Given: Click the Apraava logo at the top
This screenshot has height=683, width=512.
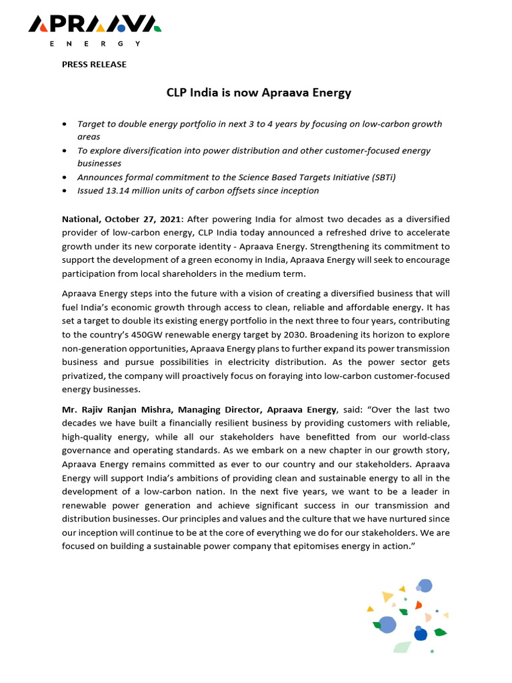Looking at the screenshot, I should [x=94, y=25].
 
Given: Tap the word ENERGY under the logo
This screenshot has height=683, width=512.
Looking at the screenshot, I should [x=95, y=43].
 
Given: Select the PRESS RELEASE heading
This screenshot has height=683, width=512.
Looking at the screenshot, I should [x=94, y=65].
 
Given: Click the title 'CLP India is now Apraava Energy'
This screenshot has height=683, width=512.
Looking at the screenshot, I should [x=258, y=93].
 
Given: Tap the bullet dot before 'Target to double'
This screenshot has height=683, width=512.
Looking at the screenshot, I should [x=63, y=125].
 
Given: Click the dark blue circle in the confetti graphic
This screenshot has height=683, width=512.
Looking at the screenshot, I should [x=420, y=634].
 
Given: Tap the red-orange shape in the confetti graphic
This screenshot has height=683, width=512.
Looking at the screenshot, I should [x=418, y=605].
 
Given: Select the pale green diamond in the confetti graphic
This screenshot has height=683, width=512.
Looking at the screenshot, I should [x=401, y=646].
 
